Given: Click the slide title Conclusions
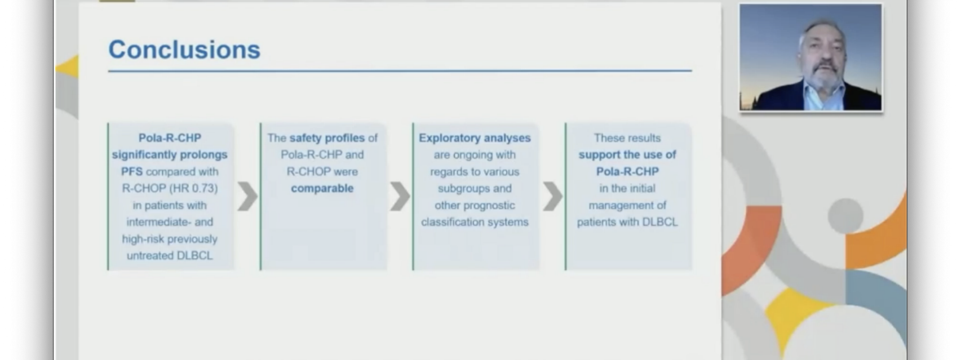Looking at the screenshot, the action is tap(184, 50).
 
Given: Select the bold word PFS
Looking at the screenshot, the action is tap(132, 171).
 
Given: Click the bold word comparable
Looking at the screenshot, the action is tap(322, 188).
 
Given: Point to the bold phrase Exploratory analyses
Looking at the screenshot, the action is tap(475, 138).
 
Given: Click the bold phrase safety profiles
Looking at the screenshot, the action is tap(327, 138).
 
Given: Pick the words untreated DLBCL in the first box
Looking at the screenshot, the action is tap(170, 255).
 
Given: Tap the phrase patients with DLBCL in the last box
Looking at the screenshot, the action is tap(627, 222).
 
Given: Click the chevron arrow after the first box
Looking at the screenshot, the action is tap(247, 196).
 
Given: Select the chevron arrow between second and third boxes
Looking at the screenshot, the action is tap(400, 196).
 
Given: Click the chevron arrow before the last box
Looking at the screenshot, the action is tap(552, 196).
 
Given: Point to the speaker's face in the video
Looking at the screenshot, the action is tap(822, 56).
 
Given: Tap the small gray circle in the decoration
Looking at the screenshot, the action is tap(845, 216).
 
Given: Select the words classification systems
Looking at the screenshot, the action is tap(475, 222).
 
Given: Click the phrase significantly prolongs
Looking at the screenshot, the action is tap(170, 155).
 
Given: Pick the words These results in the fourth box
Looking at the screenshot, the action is tap(627, 138).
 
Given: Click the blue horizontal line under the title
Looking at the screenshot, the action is tap(400, 71).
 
